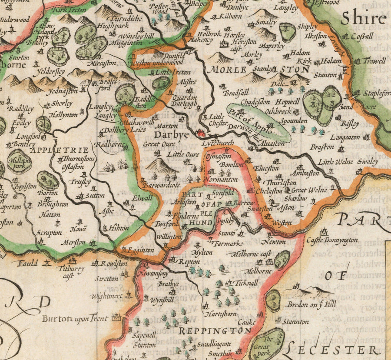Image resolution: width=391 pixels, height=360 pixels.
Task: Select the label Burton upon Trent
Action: point(75,318)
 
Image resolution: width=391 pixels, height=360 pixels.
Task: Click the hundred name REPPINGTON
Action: point(215,331)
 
